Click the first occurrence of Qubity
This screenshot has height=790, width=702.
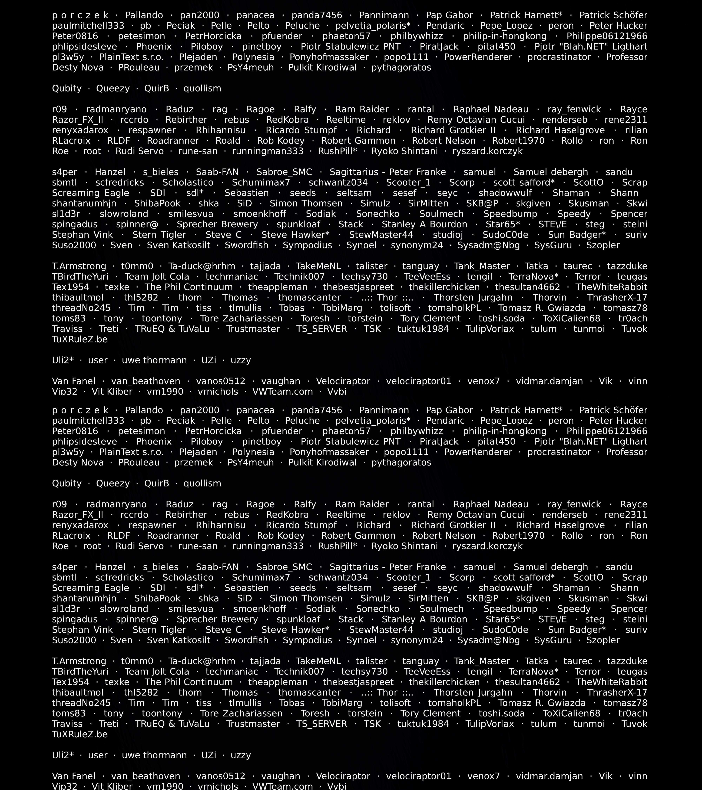pyautogui.click(x=67, y=88)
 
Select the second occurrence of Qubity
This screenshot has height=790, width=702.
pyautogui.click(x=67, y=483)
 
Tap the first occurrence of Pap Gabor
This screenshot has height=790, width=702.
pyautogui.click(x=449, y=15)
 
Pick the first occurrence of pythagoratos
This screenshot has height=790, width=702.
pyautogui.click(x=401, y=68)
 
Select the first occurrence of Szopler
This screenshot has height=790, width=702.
pyautogui.click(x=603, y=245)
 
